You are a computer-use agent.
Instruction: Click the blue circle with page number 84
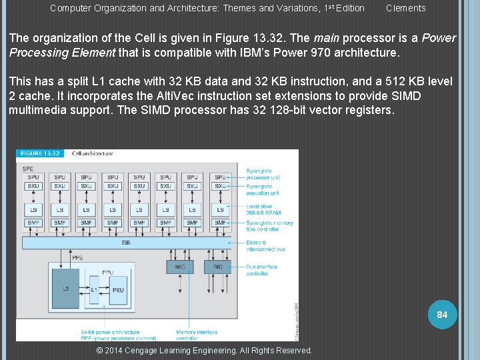coord(442,314)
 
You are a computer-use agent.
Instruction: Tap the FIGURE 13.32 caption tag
coord(39,154)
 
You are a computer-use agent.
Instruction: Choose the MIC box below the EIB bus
coord(181,267)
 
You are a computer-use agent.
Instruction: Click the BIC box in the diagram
coord(218,267)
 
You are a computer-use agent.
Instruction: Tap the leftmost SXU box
coord(33,186)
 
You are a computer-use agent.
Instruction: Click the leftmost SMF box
coord(33,223)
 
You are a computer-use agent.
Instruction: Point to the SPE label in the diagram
coord(28,168)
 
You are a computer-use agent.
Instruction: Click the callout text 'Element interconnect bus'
coord(265,246)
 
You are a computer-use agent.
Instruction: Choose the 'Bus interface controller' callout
coord(262,270)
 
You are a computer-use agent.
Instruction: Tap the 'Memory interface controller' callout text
coord(197,335)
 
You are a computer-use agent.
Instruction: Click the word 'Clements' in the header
coord(405,8)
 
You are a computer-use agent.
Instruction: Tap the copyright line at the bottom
coord(204,351)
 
